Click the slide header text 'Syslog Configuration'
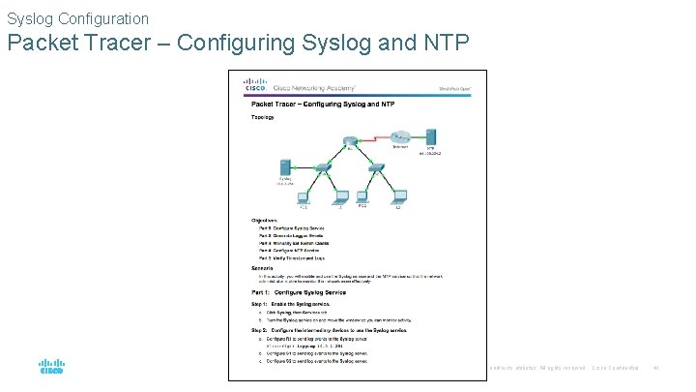click(77, 18)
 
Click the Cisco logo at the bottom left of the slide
click(51, 368)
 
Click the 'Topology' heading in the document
click(263, 117)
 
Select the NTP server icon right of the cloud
click(431, 136)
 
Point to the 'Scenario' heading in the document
click(264, 266)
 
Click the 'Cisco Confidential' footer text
click(616, 368)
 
